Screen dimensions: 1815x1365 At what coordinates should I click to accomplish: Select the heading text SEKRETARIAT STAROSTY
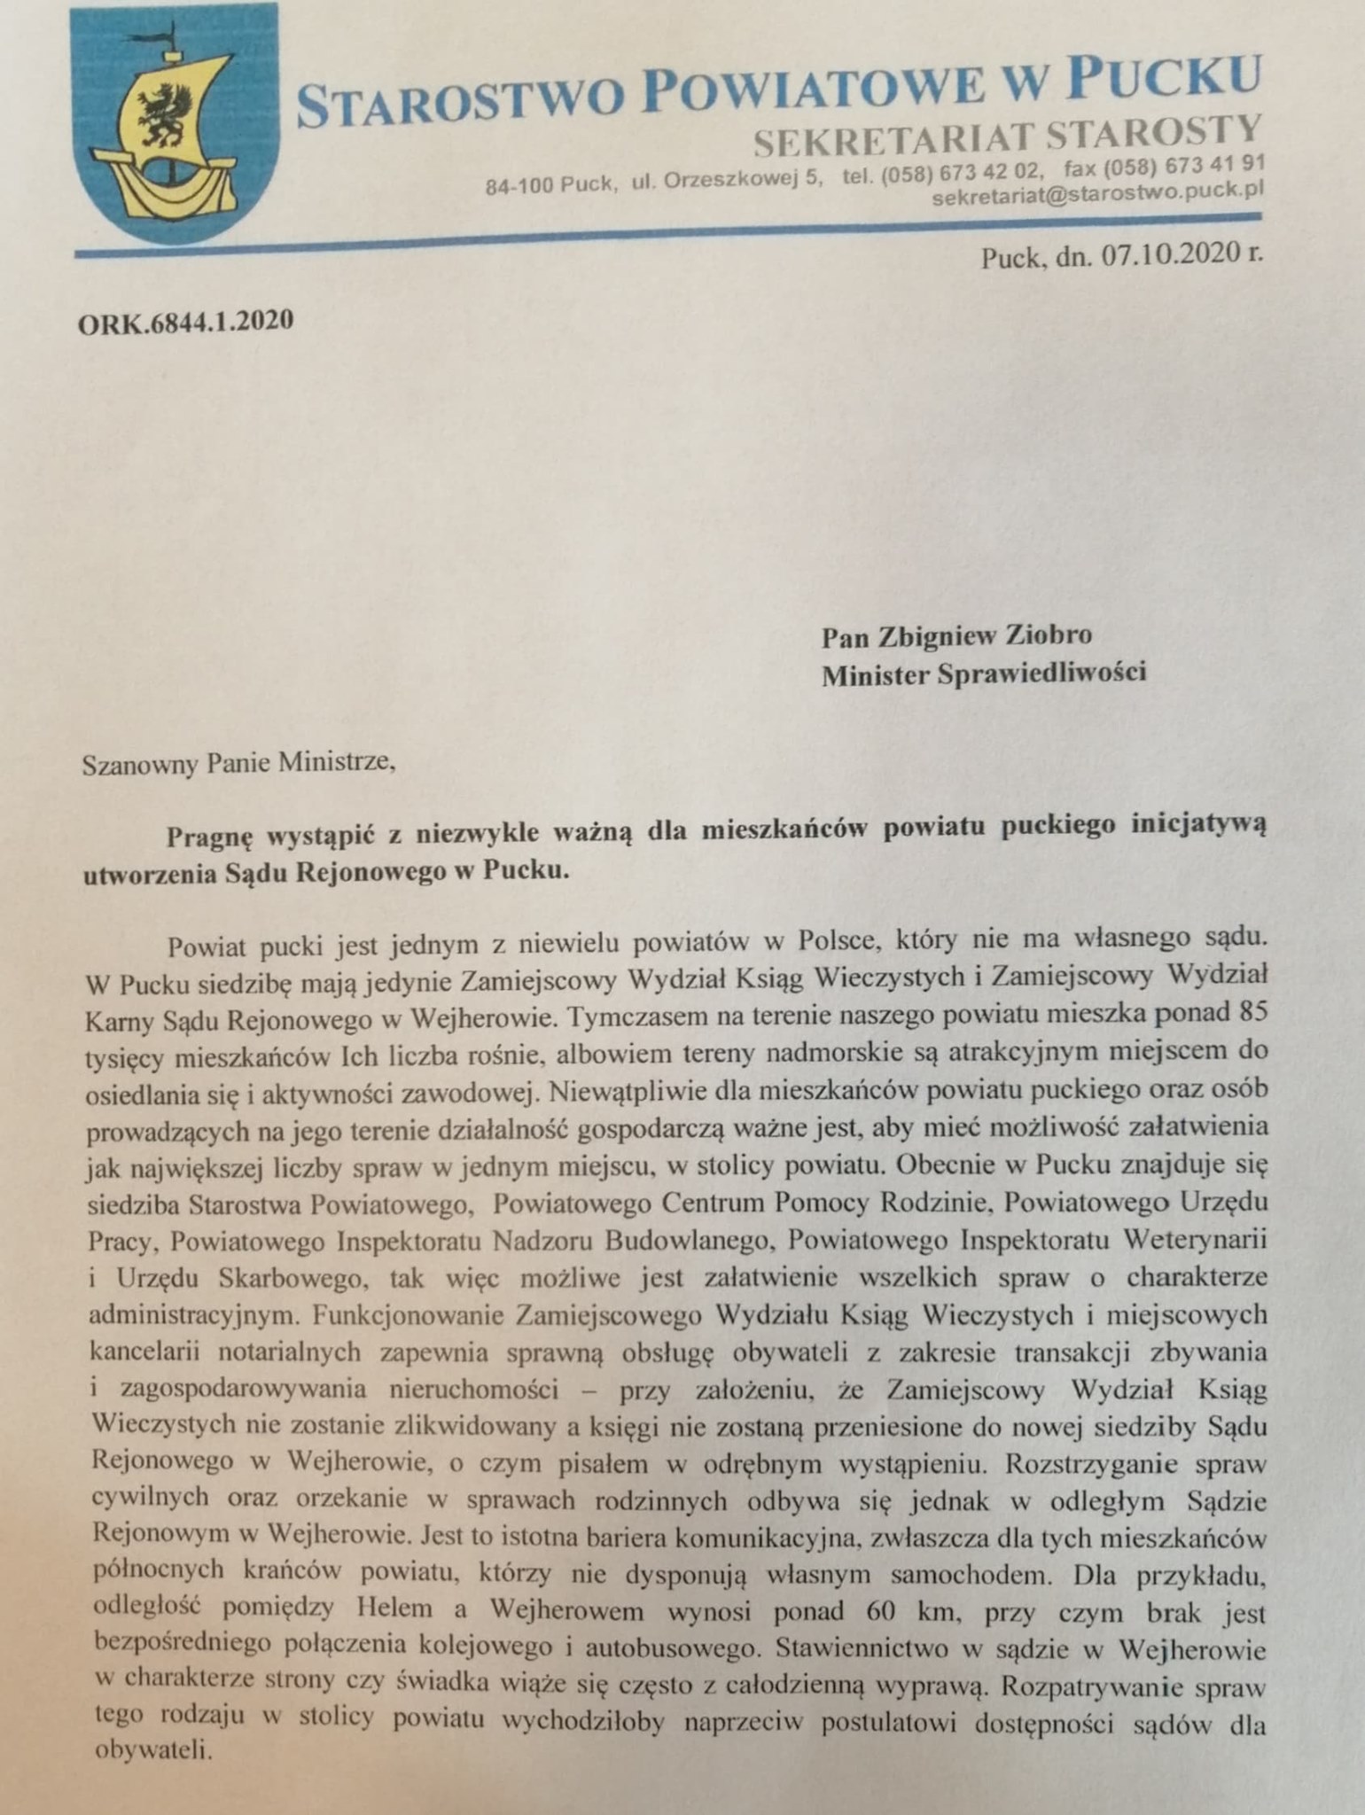click(x=1005, y=134)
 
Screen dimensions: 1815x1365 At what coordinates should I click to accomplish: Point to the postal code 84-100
click(x=519, y=185)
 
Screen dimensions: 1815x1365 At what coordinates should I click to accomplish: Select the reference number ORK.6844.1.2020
click(x=185, y=320)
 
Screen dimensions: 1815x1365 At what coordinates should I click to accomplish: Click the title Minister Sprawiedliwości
click(x=983, y=674)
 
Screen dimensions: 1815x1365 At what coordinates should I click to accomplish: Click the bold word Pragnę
click(x=209, y=831)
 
